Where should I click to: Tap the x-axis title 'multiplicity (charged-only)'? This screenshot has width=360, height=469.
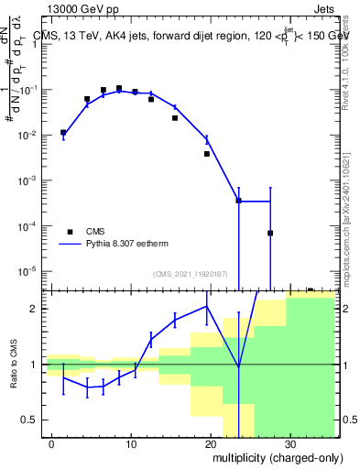[x=272, y=455]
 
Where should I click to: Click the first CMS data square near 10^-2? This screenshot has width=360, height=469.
[x=63, y=132]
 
